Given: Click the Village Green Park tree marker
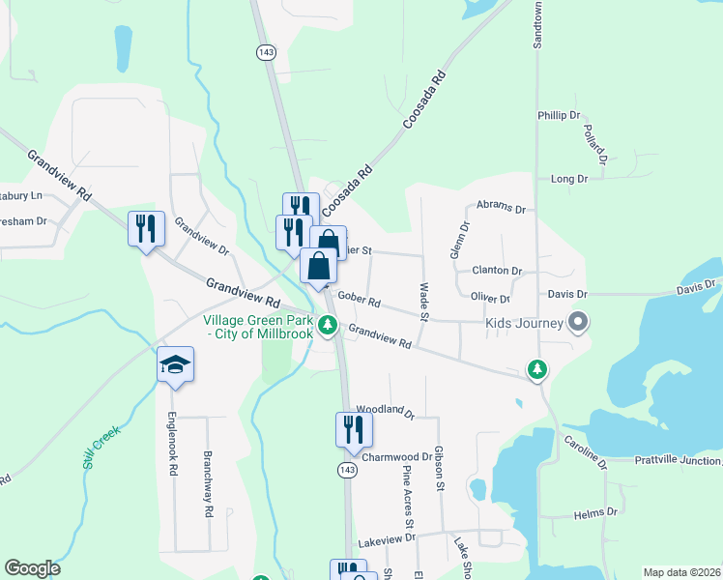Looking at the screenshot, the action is click(329, 326).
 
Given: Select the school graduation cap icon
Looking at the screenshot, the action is click(175, 364).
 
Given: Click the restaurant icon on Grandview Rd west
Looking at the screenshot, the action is click(146, 229).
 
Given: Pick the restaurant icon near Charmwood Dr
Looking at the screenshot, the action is click(354, 429).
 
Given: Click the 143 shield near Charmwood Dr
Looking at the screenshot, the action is click(346, 469).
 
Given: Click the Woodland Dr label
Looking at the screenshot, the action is click(385, 411).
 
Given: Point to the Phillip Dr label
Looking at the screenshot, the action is click(558, 115).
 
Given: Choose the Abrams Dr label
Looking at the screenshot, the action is click(500, 208).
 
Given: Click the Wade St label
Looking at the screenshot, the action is click(422, 302).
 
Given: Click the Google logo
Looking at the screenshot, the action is click(32, 568).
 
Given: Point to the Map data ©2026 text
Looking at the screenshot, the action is click(680, 572).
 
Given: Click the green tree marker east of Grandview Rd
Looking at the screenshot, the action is click(536, 368).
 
